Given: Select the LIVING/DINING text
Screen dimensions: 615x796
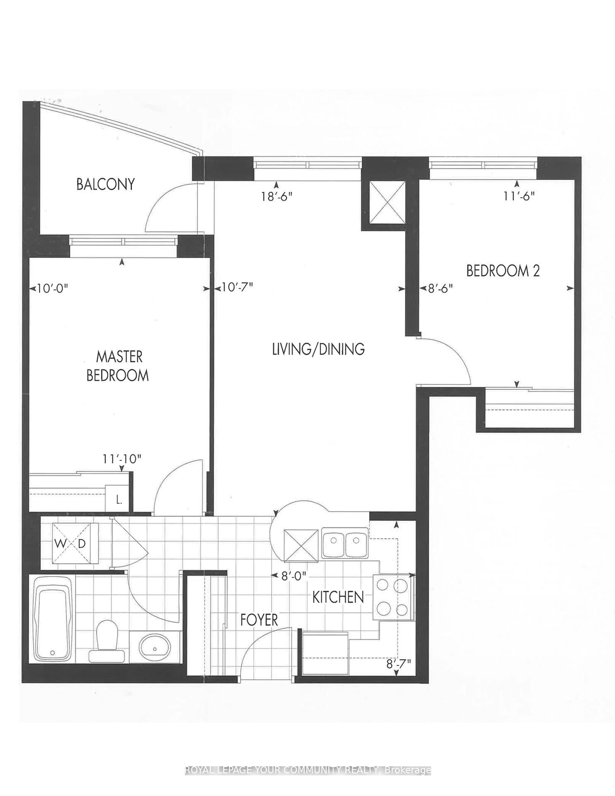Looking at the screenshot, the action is tap(318, 349).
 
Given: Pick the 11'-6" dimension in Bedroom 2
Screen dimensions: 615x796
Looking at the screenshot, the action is tap(519, 196).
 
